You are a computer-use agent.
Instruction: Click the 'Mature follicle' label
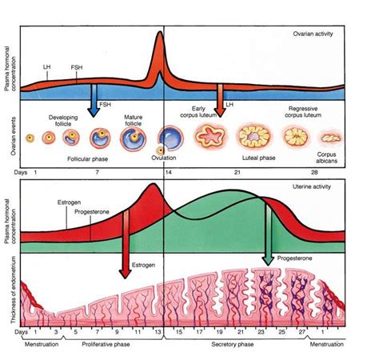pyautogui.click(x=133, y=120)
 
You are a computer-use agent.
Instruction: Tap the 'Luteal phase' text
pyautogui.click(x=257, y=158)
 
